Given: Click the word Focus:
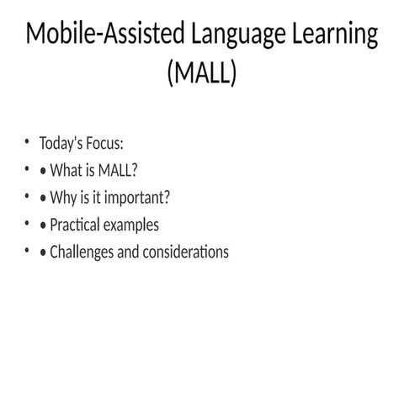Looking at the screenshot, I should (105, 144).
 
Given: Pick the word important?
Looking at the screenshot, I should (136, 198).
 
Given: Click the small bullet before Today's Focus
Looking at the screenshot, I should (27, 143).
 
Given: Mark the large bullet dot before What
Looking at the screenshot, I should (42, 172).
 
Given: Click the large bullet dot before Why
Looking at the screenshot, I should (42, 199).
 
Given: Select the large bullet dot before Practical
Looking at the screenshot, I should (42, 226).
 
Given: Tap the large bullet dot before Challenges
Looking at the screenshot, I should (42, 252).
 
